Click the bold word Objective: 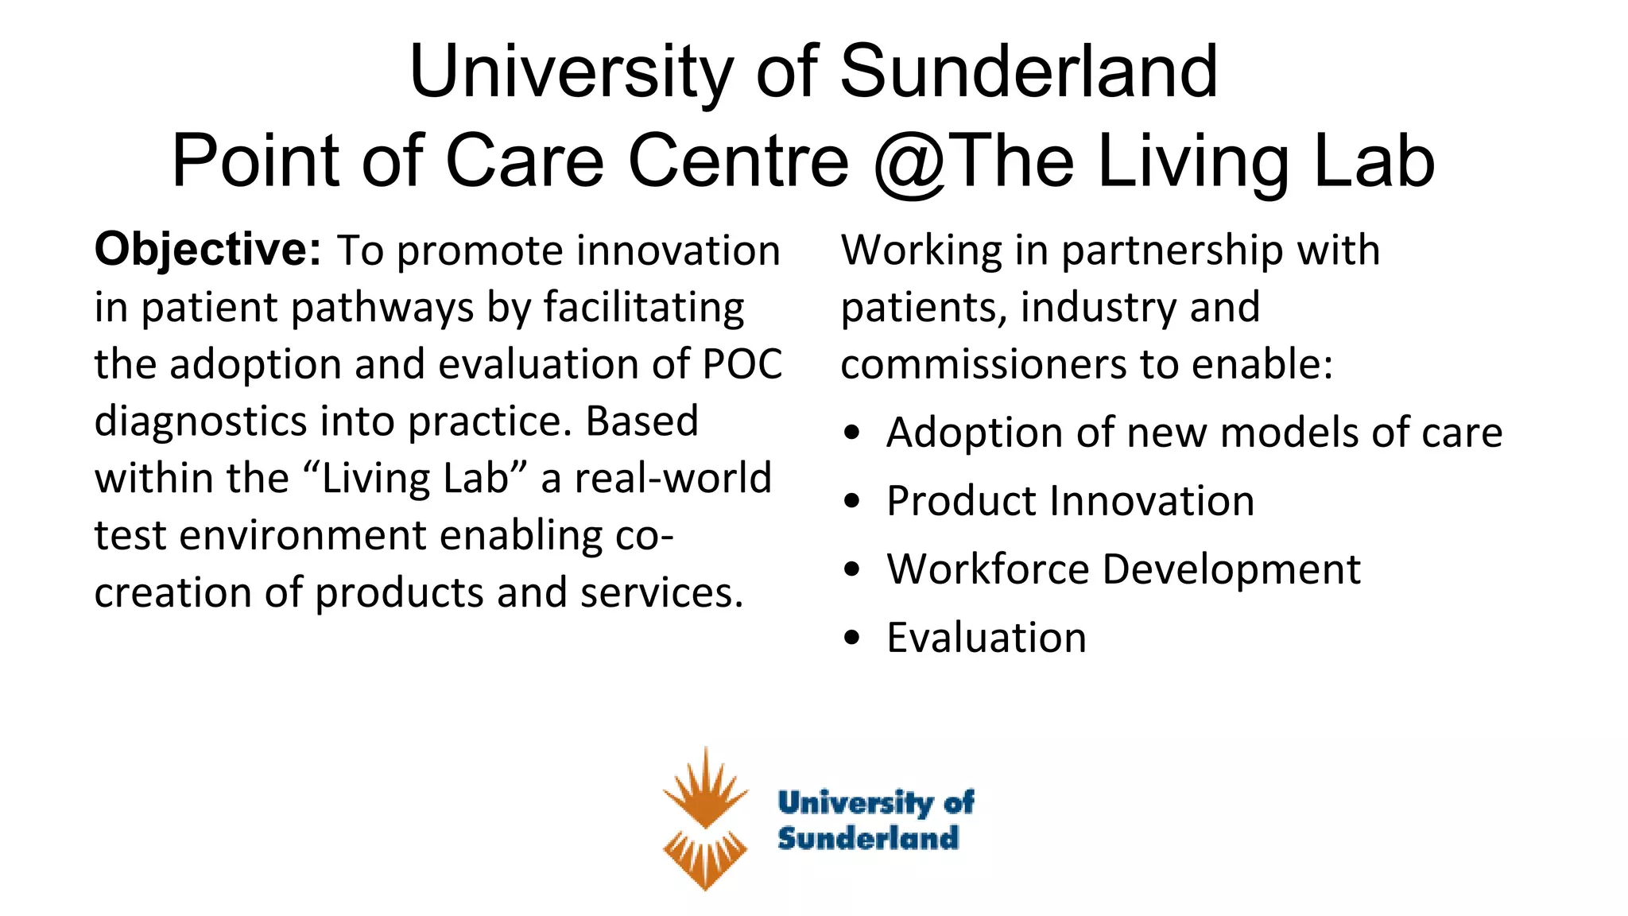207,250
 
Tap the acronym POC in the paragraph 742,364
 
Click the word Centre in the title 738,161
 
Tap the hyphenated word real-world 673,479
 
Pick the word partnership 1173,251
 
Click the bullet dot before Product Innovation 853,502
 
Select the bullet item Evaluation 986,638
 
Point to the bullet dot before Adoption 853,433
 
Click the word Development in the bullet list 1231,569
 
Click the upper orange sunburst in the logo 705,788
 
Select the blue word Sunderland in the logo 868,838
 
